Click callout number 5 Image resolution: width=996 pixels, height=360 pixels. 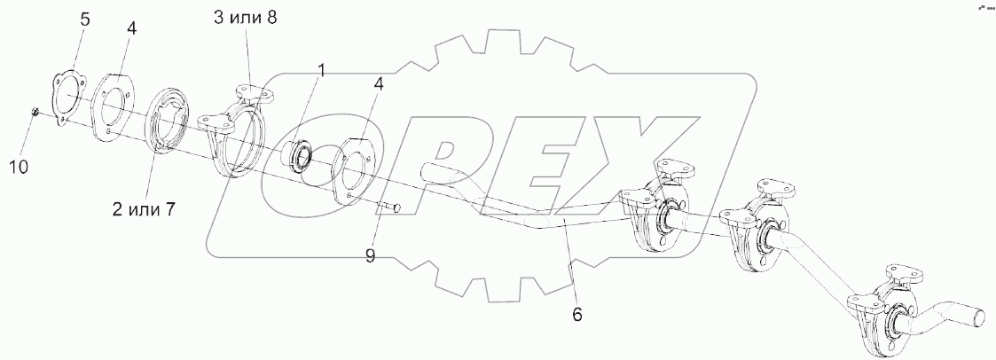[x=84, y=19]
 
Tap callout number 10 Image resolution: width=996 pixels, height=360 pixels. [x=19, y=167]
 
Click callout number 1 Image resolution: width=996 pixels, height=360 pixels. [x=321, y=70]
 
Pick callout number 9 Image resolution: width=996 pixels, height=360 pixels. [x=370, y=256]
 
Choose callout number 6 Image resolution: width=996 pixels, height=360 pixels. [x=576, y=314]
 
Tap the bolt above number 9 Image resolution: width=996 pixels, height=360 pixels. [x=390, y=207]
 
